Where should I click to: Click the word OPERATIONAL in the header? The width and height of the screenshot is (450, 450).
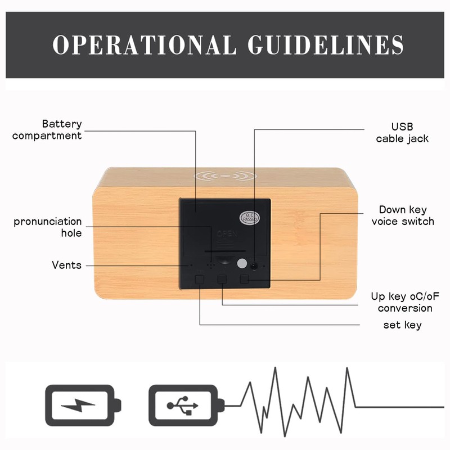click(x=145, y=44)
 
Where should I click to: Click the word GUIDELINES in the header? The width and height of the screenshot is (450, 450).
click(x=326, y=44)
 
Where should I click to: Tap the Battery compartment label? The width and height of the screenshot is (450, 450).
click(x=47, y=130)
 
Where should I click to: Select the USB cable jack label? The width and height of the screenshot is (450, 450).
click(x=402, y=133)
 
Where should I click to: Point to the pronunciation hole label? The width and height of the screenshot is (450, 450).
click(x=48, y=227)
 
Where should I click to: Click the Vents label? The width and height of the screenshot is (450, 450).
click(x=66, y=265)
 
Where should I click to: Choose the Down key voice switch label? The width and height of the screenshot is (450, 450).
click(x=403, y=215)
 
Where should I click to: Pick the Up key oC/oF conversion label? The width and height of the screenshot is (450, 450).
click(x=405, y=302)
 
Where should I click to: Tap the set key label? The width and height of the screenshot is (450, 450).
click(x=402, y=325)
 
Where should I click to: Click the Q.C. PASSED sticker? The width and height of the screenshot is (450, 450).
click(x=250, y=218)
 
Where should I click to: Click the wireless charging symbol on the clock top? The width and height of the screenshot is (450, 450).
click(x=225, y=176)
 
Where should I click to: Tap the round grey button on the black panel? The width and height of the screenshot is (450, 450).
click(x=242, y=263)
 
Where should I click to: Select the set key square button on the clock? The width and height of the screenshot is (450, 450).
click(x=200, y=279)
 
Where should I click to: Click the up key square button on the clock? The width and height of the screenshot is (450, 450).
click(x=222, y=279)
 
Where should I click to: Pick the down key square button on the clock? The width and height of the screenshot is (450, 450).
click(x=244, y=278)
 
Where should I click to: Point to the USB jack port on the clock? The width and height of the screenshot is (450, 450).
click(x=254, y=266)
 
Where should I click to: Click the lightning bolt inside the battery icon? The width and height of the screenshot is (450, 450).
click(x=78, y=405)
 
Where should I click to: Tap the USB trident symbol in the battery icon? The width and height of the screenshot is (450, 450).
click(x=182, y=406)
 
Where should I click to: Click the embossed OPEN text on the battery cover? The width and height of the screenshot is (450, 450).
click(x=227, y=233)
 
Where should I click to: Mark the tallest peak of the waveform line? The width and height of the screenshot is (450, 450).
click(x=275, y=368)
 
